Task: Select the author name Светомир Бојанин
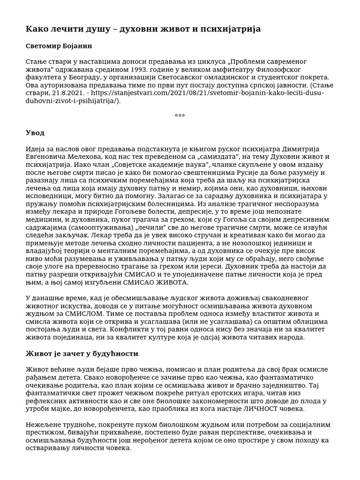pos(59,46)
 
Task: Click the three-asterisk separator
pos(180,116)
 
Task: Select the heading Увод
pos(35,133)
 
